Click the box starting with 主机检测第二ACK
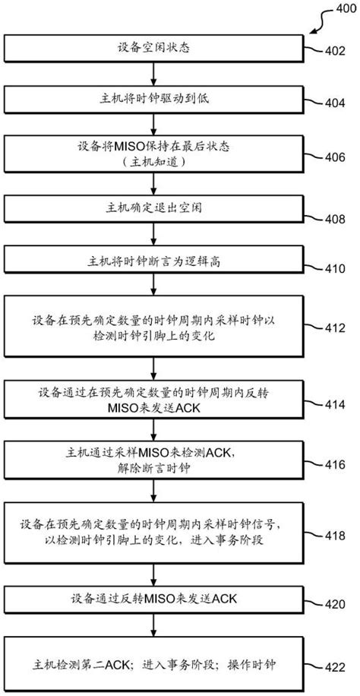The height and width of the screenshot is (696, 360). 155,664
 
